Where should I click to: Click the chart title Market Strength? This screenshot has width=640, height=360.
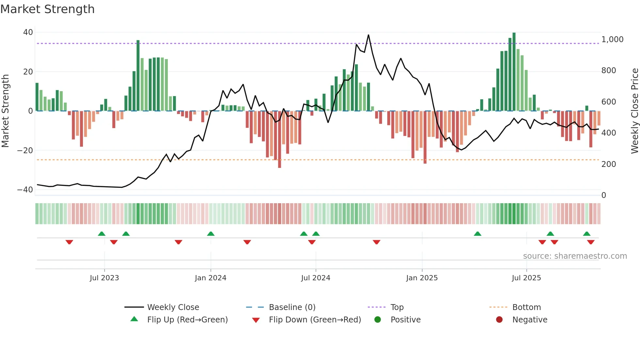47,9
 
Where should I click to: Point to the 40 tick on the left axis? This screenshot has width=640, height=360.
28,32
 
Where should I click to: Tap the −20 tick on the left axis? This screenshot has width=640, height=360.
25,151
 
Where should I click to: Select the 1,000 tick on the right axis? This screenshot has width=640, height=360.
612,40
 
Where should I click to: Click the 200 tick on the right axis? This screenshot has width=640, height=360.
609,164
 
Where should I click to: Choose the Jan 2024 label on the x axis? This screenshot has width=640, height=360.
211,278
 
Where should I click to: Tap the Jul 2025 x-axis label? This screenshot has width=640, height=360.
526,278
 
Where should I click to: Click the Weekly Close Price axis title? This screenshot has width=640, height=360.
634,111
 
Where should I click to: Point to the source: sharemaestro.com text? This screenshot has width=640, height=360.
575,256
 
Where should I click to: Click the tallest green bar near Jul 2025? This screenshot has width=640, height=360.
514,72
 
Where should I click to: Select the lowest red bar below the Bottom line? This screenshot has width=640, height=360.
280,139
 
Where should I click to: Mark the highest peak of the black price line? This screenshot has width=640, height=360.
368,35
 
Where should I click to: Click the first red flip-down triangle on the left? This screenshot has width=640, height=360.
69,242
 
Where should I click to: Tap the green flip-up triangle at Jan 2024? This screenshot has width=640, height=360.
211,234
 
